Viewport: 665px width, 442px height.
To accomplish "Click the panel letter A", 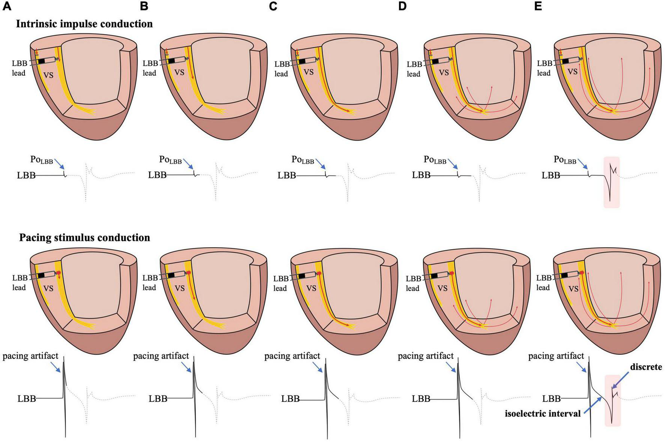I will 7,6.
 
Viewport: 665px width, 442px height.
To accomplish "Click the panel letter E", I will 538,6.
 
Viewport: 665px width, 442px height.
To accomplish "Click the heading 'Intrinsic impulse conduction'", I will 84,24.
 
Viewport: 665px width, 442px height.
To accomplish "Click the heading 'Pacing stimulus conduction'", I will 84,238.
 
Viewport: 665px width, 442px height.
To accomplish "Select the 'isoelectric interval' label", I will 543,414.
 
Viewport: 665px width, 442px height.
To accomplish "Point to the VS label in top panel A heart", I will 48,75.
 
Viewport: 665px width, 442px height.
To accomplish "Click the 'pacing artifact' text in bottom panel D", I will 426,355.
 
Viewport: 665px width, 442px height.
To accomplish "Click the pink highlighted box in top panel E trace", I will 611,183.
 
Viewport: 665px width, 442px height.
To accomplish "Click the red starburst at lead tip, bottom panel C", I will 320,274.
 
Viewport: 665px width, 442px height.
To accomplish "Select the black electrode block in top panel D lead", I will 435,61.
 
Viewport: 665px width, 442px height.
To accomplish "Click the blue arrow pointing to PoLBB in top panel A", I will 59,164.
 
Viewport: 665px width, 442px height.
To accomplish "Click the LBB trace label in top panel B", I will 157,175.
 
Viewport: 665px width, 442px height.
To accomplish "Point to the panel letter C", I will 273,6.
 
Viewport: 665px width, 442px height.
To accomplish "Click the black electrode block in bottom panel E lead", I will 564,275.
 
